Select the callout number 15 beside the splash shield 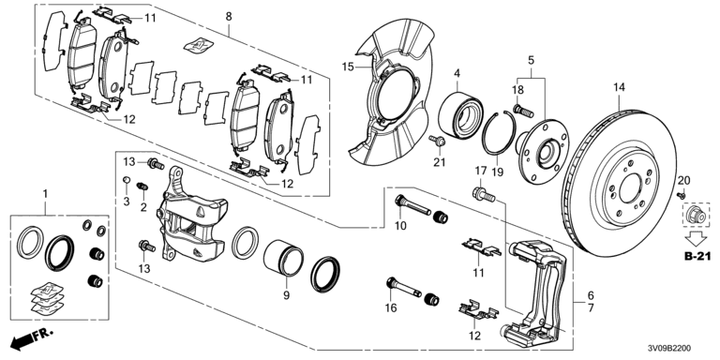point(348,67)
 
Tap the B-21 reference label point(697,257)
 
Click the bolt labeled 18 point(523,111)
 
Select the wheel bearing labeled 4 point(457,115)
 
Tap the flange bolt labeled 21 point(438,141)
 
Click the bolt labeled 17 point(483,195)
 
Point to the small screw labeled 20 point(681,196)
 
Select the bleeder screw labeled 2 point(142,187)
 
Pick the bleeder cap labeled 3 point(127,179)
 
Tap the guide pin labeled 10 point(412,205)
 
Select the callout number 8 point(229,17)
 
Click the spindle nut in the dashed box point(695,214)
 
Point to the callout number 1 point(45,194)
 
